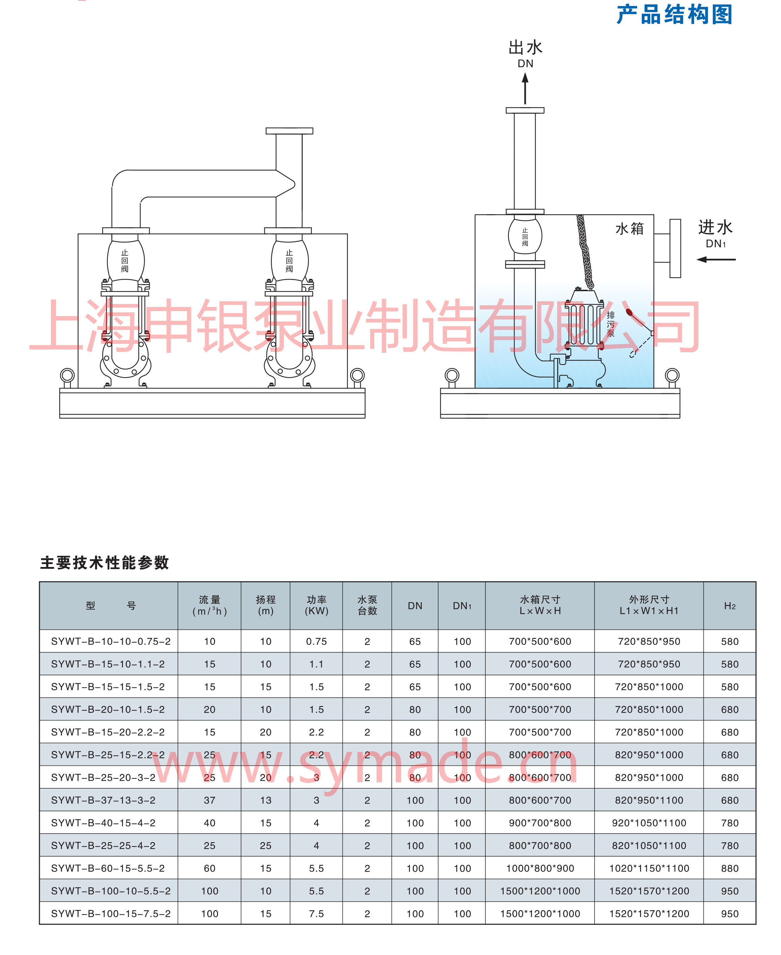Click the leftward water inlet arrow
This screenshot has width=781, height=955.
[x=715, y=259]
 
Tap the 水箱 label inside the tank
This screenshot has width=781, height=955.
[x=629, y=229]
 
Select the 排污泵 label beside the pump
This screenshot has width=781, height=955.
[x=610, y=324]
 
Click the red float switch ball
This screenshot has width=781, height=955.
[x=629, y=312]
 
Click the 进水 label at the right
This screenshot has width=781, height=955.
[x=715, y=228]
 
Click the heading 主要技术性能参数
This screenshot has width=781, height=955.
[x=104, y=563]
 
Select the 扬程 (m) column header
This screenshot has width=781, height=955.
[x=265, y=605]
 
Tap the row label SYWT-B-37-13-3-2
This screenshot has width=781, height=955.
[x=103, y=800]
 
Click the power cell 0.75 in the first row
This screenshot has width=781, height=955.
[x=316, y=641]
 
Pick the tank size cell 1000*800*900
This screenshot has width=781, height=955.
[x=540, y=868]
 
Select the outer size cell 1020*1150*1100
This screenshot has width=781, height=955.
[x=649, y=868]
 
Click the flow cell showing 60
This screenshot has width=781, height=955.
[x=210, y=868]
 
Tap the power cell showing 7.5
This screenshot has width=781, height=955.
[x=316, y=914]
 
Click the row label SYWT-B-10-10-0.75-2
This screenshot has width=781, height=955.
[x=111, y=641]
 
